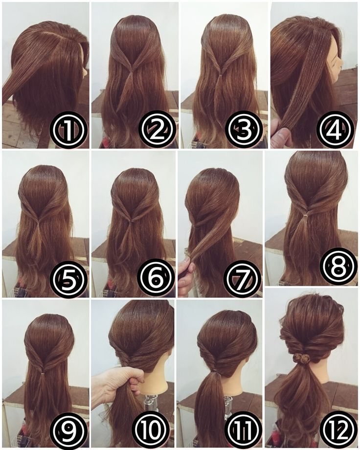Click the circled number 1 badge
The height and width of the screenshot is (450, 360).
pos(68,130)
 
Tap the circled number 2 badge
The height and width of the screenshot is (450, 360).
pos(157,130)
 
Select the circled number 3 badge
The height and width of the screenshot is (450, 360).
pos(244,130)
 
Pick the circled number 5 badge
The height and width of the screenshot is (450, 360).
pos(68,278)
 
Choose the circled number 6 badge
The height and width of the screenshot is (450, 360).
pos(156,278)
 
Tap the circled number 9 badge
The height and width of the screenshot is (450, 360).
pos(69,429)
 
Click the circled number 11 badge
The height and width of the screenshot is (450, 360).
pos(243,429)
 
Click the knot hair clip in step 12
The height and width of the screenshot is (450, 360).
pos(301,359)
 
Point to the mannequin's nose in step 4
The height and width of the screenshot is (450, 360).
pos(340,58)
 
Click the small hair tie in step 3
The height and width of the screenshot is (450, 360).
pos(221,75)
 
